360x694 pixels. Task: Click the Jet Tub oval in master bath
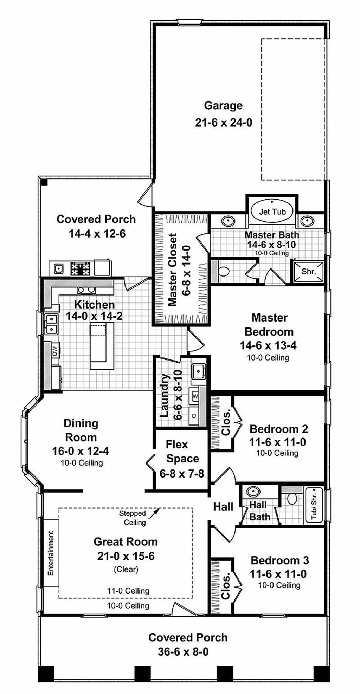point(272,212)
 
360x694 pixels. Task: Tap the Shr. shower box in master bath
point(308,271)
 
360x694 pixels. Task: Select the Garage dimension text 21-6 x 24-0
point(224,122)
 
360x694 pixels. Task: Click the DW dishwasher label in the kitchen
point(54,351)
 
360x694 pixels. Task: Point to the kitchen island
point(102,346)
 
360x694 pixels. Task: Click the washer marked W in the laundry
point(195,396)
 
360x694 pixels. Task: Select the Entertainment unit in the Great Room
point(51,553)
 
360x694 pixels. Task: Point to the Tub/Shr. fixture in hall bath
point(314,506)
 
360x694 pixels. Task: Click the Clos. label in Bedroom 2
point(226,422)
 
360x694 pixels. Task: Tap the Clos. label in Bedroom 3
point(226,586)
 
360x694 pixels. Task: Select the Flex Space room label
point(182,452)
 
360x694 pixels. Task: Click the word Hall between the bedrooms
point(223,506)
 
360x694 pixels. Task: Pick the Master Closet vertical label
point(172,270)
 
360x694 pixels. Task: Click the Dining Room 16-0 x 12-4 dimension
point(81,451)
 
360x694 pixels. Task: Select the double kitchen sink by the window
point(51,324)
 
